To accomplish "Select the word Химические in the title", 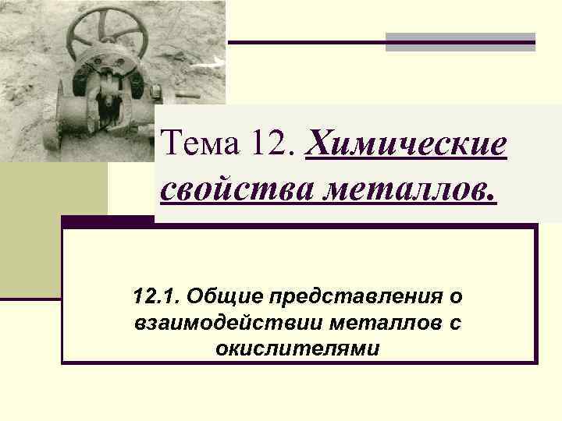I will tap(407, 144).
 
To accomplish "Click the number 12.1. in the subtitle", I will tap(157, 296).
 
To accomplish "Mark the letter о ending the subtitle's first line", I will tap(455, 296).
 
